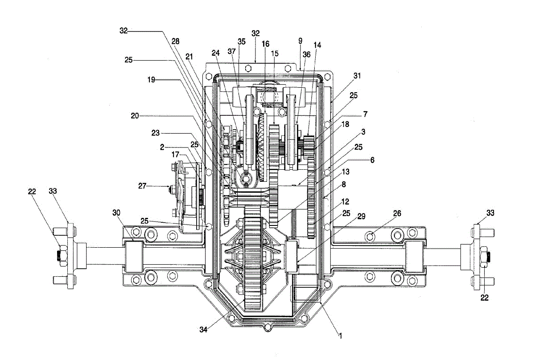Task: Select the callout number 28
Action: tap(176, 41)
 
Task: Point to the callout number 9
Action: tap(300, 41)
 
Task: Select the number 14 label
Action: tap(317, 45)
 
